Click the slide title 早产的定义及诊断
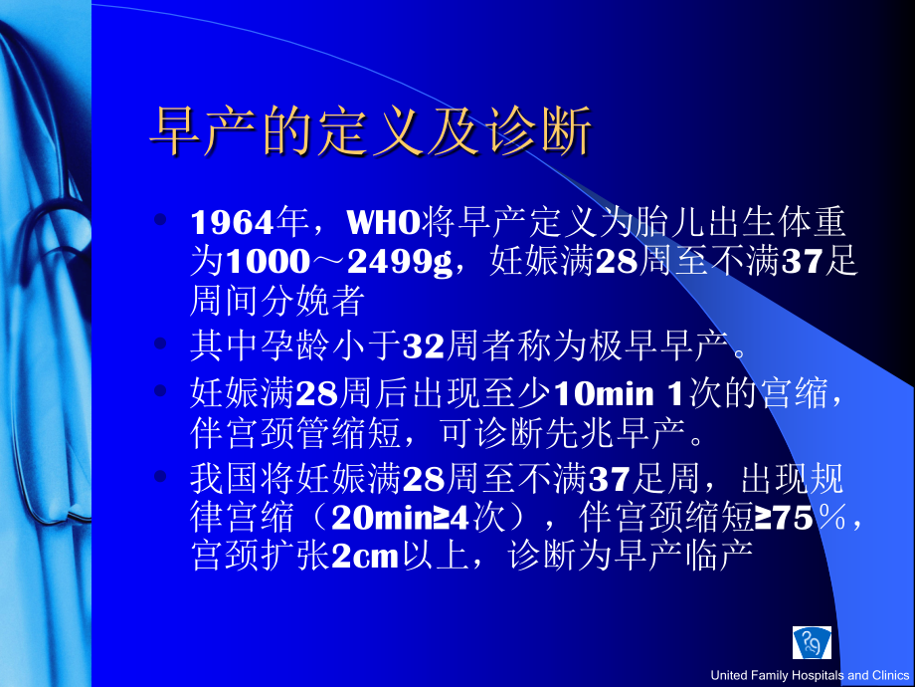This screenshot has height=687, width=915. click(370, 132)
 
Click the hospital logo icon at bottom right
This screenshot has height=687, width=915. click(811, 643)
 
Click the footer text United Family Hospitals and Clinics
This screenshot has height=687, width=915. click(810, 676)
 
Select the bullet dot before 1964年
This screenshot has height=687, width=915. click(163, 218)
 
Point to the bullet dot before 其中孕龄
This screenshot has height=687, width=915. click(163, 343)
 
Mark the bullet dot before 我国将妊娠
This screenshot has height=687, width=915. click(163, 476)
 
